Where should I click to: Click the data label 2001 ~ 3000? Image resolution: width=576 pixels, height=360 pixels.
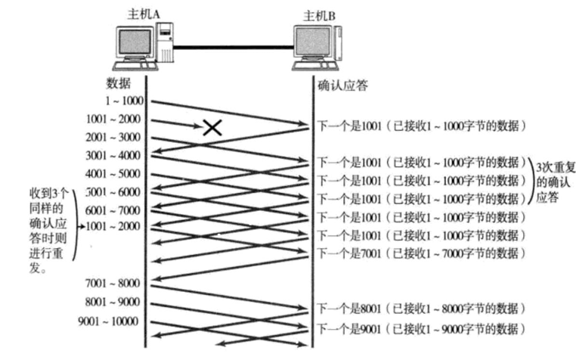click(x=113, y=137)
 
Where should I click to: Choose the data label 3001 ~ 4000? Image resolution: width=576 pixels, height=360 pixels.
click(x=113, y=155)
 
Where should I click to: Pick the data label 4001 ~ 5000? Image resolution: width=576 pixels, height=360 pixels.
click(x=113, y=173)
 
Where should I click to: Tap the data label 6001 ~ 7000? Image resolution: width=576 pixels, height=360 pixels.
click(x=113, y=209)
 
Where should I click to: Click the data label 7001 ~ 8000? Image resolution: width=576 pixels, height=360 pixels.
click(x=113, y=282)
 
